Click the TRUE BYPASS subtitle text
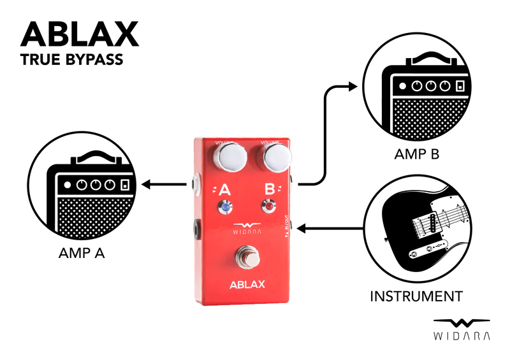[x=71, y=61]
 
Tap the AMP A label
[x=79, y=254]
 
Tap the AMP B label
[x=418, y=154]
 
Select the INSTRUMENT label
[x=416, y=296]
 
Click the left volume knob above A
[x=231, y=157]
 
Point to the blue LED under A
[x=226, y=206]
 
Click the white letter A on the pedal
[x=225, y=189]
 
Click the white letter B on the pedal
[x=270, y=188]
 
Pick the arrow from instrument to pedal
[x=331, y=227]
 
